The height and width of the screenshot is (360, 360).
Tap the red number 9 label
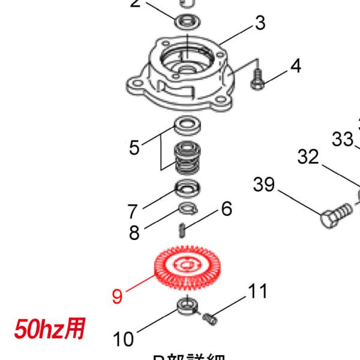118,296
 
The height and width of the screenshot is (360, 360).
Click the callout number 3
259,23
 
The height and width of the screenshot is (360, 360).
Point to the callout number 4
295,65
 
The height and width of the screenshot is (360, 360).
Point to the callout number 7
132,211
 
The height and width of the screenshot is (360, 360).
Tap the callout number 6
226,209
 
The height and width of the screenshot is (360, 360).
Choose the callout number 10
123,340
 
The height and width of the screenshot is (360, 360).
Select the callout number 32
308,157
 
